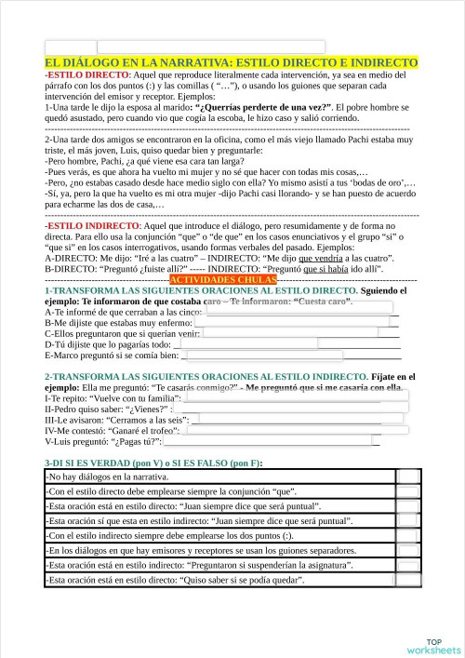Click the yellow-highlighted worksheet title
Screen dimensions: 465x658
tap(231, 62)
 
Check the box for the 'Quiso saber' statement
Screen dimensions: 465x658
tap(407, 580)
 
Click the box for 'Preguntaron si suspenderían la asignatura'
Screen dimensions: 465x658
tap(407, 565)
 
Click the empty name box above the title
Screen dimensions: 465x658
tap(185, 47)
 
